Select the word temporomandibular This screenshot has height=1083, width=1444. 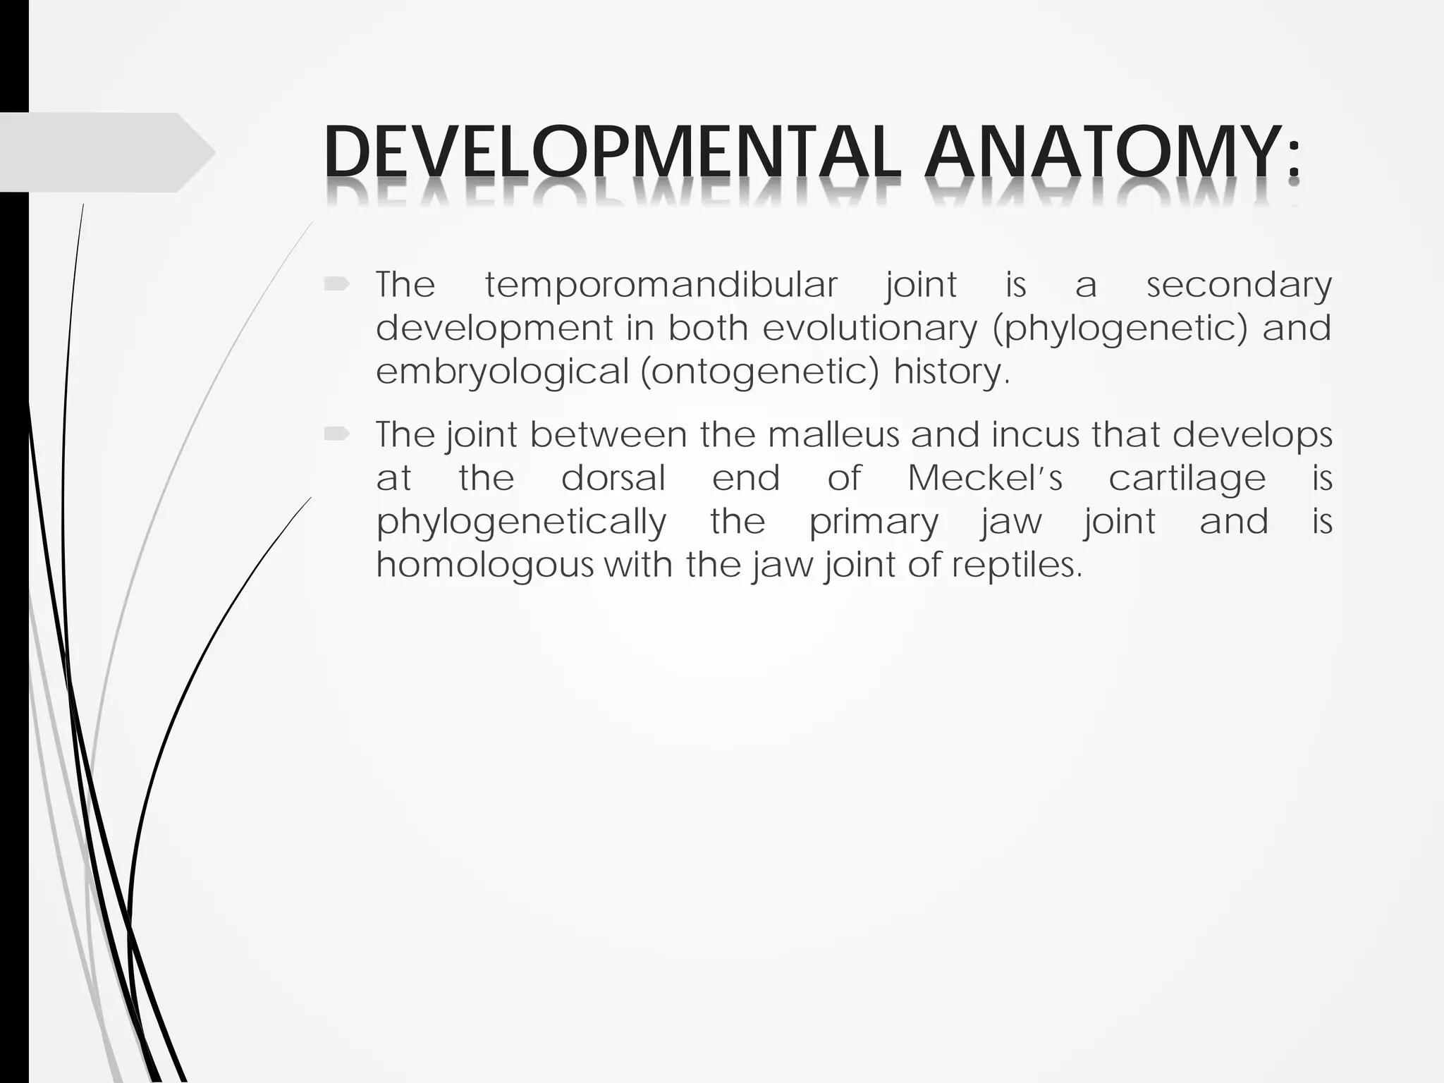point(661,286)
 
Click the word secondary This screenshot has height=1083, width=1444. point(1239,286)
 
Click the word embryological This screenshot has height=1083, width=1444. point(501,372)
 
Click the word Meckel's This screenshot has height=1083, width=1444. point(984,478)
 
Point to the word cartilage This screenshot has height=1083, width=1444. point(1187,479)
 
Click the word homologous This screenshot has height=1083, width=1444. point(485,565)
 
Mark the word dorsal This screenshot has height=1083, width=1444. point(613,478)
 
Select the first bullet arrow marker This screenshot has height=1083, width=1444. point(337,285)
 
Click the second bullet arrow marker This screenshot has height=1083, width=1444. point(337,435)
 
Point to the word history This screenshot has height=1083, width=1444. point(951,372)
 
